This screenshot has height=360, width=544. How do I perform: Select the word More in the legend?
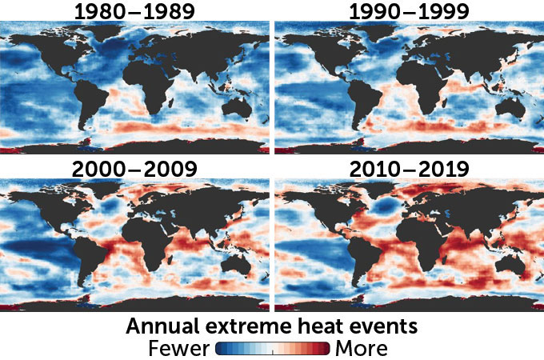(x=361, y=348)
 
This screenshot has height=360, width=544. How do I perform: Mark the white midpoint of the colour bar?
(x=272, y=349)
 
